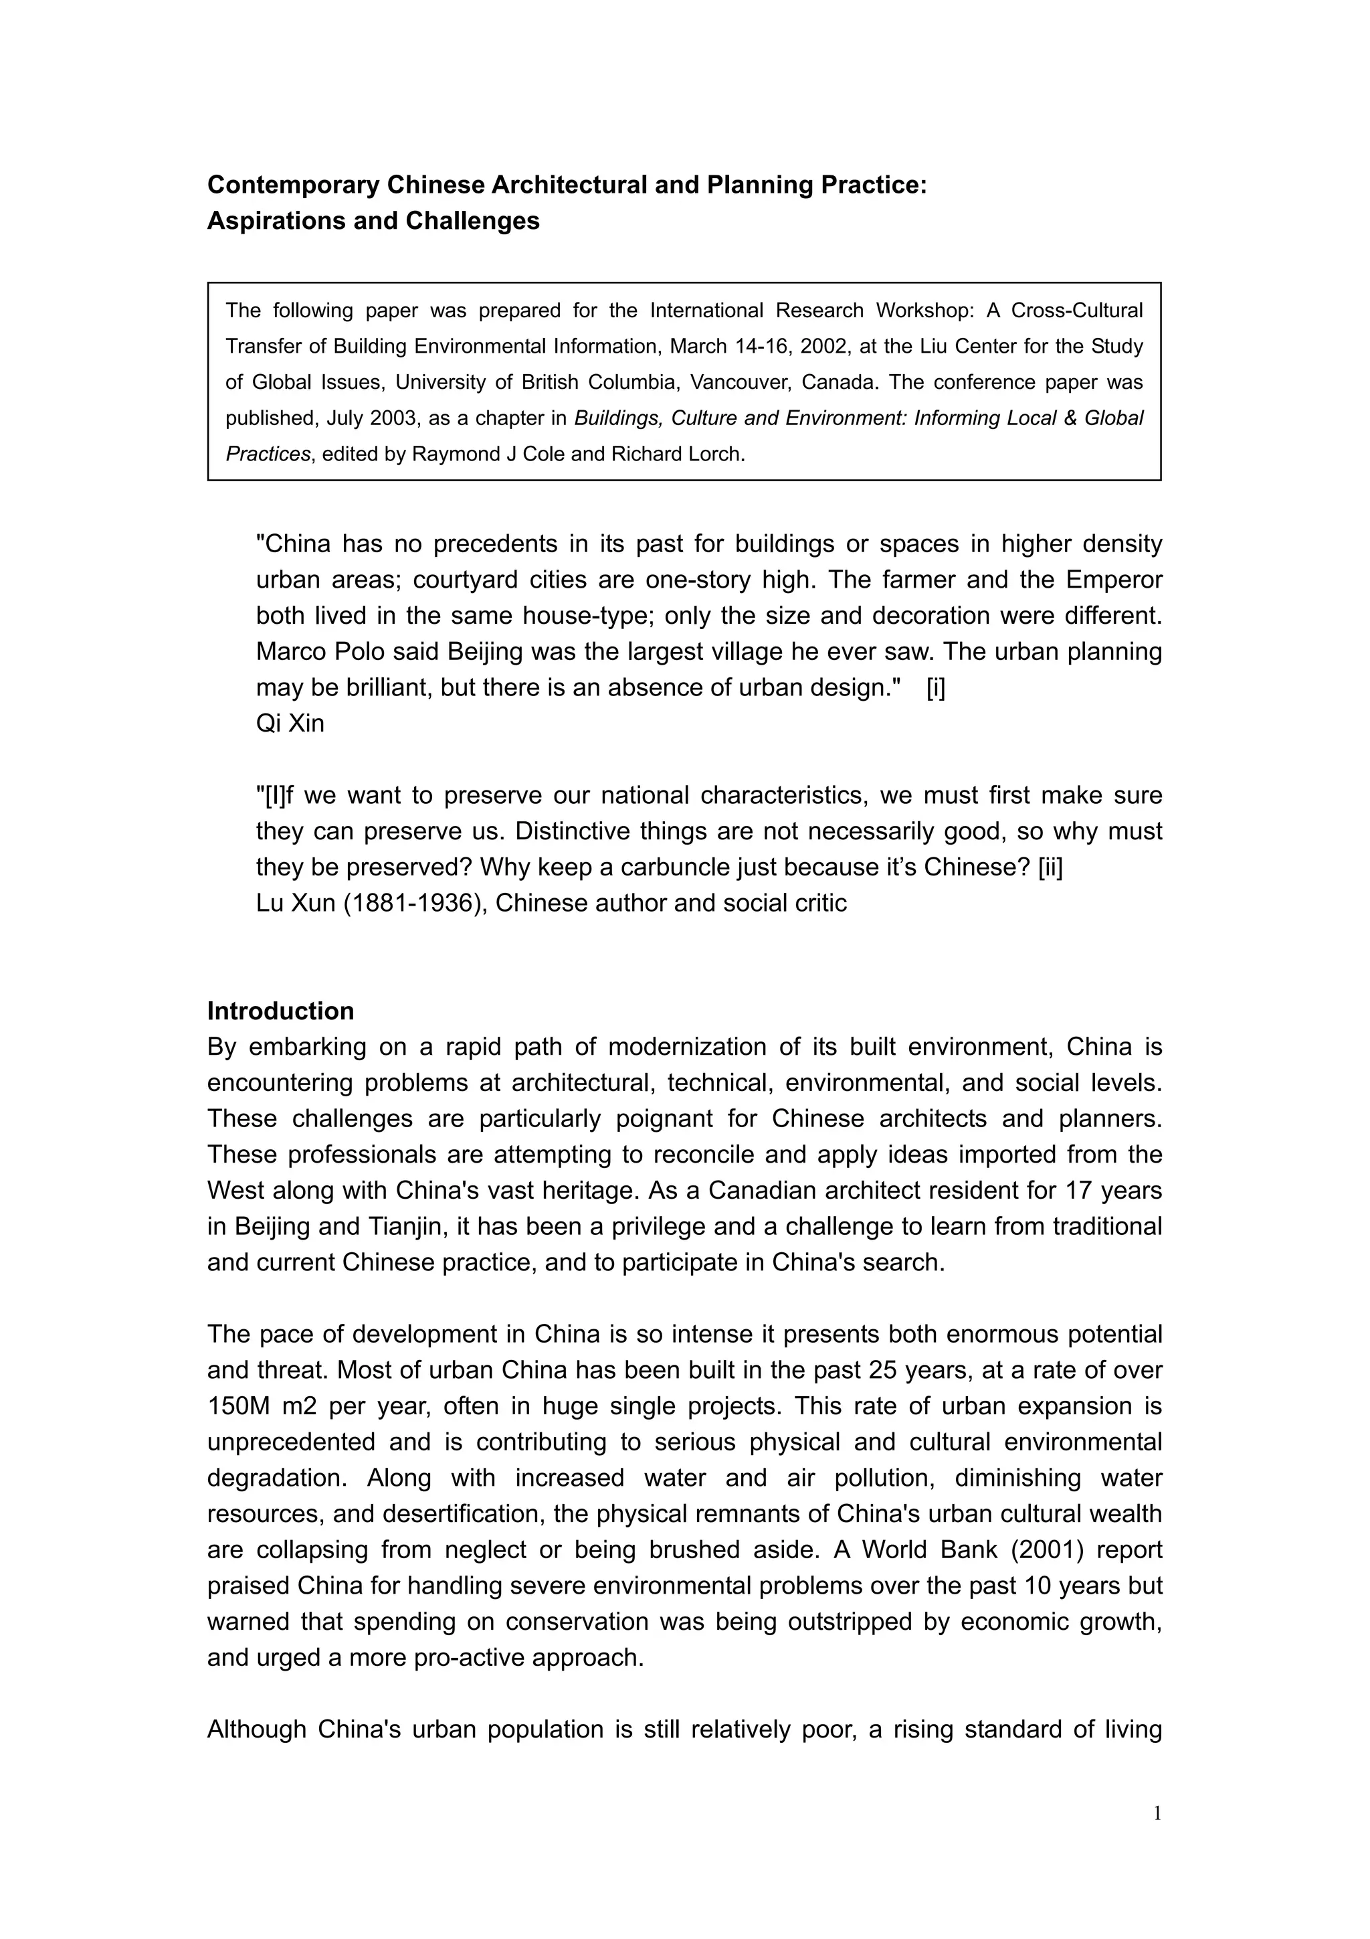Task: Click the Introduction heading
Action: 280,1011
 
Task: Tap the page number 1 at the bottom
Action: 1157,1813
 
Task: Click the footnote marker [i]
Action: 935,687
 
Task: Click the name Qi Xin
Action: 290,724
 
